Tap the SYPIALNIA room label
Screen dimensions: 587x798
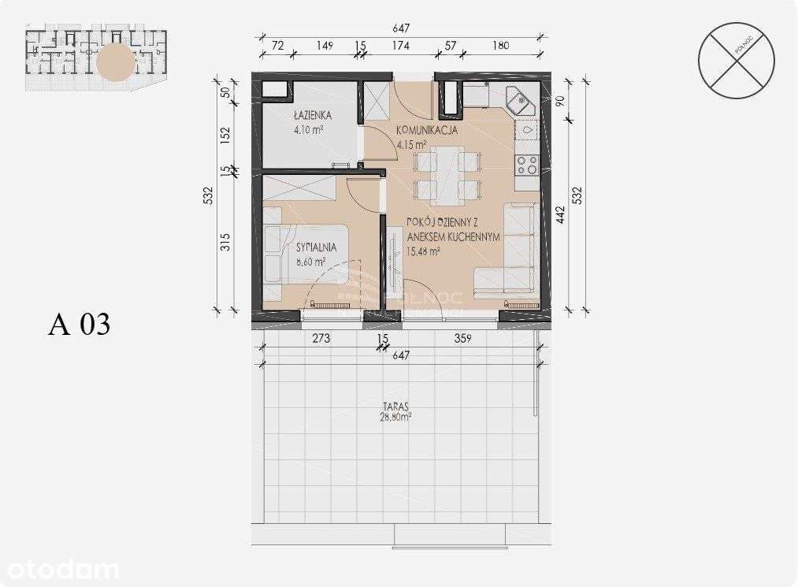click(313, 247)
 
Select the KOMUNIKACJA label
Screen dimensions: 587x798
click(426, 131)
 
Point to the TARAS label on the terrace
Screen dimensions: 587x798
click(394, 407)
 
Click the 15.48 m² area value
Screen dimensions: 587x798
click(423, 251)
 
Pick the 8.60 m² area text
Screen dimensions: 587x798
click(310, 262)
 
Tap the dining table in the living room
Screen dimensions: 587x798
click(447, 175)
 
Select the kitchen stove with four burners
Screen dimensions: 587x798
click(526, 165)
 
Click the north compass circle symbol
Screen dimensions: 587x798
click(736, 60)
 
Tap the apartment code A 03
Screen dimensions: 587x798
click(79, 324)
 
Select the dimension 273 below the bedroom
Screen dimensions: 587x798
click(321, 340)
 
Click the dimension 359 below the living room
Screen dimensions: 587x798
click(462, 340)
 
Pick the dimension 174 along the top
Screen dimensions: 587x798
click(401, 45)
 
